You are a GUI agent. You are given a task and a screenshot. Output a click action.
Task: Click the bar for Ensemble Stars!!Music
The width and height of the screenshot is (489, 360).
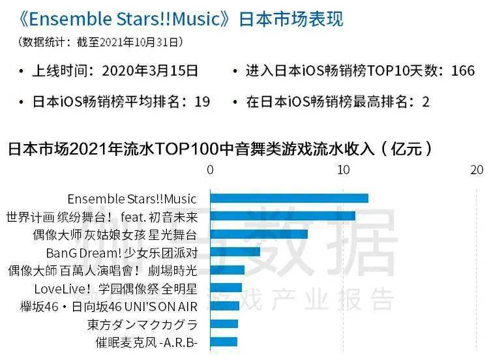289,198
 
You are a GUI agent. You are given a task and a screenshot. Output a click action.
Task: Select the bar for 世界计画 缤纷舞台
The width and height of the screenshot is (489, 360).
282,216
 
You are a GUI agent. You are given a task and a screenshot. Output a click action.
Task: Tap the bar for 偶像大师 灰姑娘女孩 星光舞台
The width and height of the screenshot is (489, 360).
258,234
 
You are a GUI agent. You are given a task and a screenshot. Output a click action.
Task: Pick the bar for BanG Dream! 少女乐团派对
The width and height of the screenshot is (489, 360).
235,252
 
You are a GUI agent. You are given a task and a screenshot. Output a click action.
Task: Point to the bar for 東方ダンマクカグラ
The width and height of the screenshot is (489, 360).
224,323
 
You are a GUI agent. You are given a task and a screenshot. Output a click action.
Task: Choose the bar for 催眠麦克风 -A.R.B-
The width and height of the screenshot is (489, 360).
223,341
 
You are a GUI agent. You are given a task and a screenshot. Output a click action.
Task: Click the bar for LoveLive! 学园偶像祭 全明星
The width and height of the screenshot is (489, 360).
226,288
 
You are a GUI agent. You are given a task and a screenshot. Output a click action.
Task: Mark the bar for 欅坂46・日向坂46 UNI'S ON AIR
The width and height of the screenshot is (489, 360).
224,305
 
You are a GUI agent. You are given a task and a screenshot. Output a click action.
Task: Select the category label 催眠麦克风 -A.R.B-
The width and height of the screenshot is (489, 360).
146,342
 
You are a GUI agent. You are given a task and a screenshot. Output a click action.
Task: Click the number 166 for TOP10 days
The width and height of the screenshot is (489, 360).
462,71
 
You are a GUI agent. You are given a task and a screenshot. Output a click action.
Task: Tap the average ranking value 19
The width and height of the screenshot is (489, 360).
202,102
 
